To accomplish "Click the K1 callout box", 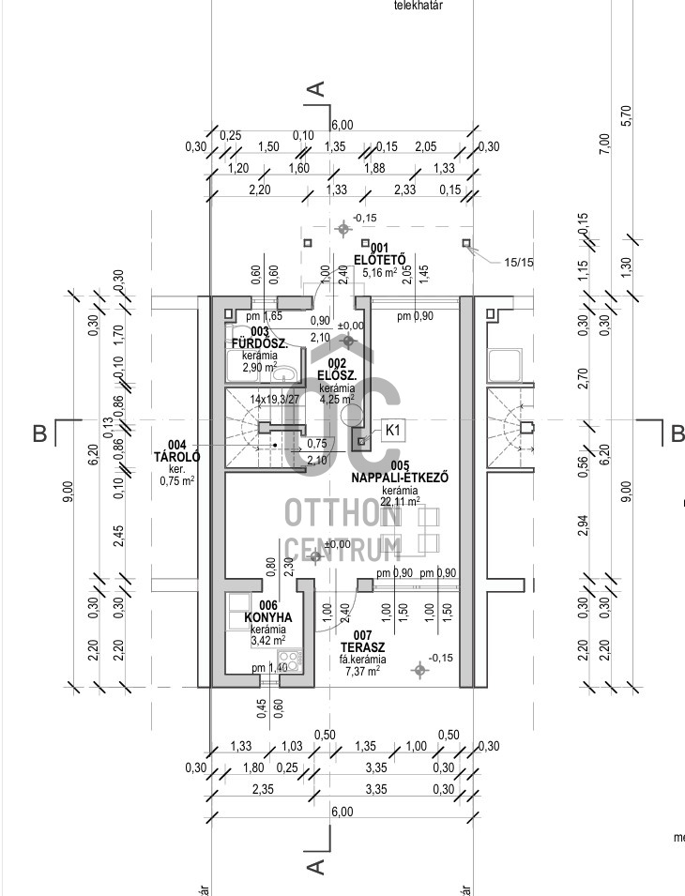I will [x=394, y=431].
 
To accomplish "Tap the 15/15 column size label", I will [x=518, y=263].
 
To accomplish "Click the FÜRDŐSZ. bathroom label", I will [x=261, y=342].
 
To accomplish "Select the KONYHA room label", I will [x=267, y=617].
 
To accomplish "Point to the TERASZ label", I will [x=362, y=647].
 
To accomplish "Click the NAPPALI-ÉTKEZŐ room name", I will [x=400, y=478].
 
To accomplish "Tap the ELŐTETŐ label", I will [x=379, y=259].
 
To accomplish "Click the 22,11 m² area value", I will [x=400, y=502].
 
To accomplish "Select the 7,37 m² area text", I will [x=362, y=672].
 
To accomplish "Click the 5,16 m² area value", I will [x=379, y=272].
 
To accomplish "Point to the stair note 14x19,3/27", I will [x=275, y=399].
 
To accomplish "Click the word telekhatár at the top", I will [x=419, y=6].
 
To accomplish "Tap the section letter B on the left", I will [x=39, y=433].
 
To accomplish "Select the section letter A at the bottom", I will [x=316, y=864].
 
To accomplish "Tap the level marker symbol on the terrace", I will [x=419, y=669].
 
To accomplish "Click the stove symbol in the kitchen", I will [x=291, y=661].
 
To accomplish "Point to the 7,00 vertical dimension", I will [x=604, y=143].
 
